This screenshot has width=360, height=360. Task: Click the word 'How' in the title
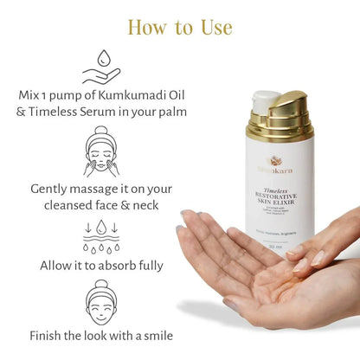149,27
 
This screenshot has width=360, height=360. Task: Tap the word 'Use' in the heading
213,27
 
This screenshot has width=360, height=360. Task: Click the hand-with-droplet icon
102,67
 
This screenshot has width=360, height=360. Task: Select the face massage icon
102,152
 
